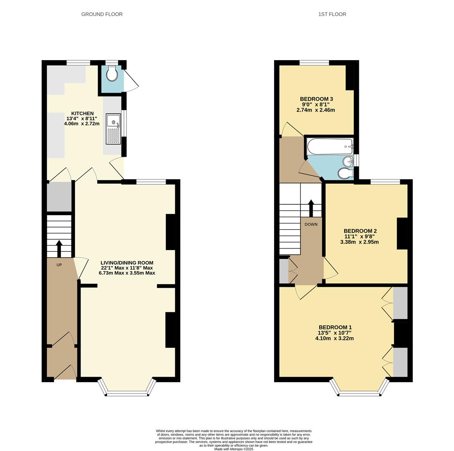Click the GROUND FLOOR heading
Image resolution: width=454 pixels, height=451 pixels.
coord(102,14)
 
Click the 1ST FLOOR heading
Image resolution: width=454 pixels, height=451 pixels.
coord(332,14)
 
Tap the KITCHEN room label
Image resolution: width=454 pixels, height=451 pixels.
coord(82,114)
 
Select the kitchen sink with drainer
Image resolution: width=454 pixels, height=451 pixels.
coord(113,129)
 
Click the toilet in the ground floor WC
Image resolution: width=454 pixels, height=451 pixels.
coord(112,75)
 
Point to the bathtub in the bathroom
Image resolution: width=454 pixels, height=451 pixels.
coord(330,147)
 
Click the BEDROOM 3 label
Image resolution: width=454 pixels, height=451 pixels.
coord(316,99)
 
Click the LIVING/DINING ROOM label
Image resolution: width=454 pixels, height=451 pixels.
coord(127,263)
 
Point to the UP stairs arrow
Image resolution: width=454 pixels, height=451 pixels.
coord(59,248)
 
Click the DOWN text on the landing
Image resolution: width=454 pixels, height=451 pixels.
coord(311,224)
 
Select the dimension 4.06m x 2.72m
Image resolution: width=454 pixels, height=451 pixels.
coord(82,124)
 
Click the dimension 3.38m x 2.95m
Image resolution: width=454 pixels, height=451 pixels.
coord(360,242)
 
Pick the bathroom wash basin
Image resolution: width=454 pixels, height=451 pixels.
coord(348,161)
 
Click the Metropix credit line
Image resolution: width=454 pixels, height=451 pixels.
coord(234,449)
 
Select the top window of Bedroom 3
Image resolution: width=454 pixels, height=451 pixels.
coord(314,63)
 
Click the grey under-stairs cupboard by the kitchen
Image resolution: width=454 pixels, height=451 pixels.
coord(59,197)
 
